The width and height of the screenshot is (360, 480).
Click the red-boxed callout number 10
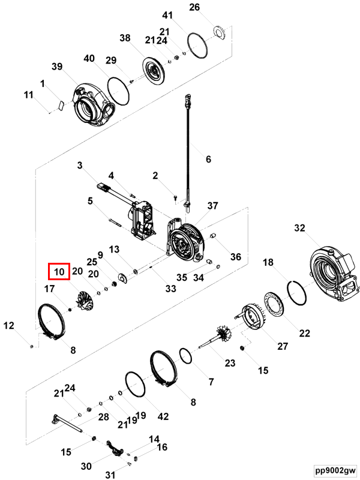[x=59, y=272]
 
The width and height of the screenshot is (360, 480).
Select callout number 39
[x=57, y=66]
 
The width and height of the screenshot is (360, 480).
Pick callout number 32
[x=299, y=227]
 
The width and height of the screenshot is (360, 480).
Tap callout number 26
[x=194, y=7]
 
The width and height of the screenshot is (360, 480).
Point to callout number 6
[x=208, y=159]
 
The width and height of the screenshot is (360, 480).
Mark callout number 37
[x=213, y=206]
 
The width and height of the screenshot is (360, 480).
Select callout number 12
[x=8, y=326]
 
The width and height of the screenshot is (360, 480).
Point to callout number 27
[x=283, y=346]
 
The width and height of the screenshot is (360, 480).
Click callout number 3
[x=79, y=165]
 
